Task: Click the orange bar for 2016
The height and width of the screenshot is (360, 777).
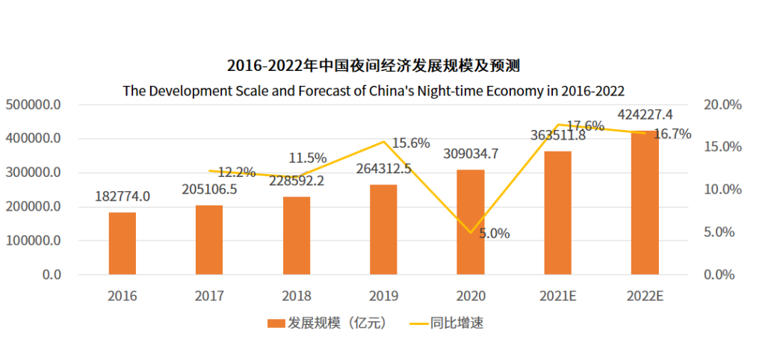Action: (x=123, y=243)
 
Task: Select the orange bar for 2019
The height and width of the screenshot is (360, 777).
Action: (x=383, y=229)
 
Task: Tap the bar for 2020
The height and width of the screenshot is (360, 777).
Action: (x=471, y=222)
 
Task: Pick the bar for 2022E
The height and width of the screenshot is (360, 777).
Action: (x=645, y=203)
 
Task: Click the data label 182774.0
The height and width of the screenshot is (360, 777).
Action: (x=123, y=196)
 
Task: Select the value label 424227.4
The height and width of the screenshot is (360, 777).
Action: (x=646, y=115)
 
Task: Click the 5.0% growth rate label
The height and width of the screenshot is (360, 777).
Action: (x=494, y=234)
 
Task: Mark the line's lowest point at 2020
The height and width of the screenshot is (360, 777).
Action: (x=471, y=232)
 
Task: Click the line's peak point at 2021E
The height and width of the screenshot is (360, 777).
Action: (x=557, y=125)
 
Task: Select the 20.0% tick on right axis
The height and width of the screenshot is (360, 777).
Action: (x=722, y=105)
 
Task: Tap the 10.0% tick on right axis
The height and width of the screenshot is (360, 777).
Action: (x=722, y=190)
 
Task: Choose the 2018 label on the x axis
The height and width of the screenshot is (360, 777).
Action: (x=297, y=296)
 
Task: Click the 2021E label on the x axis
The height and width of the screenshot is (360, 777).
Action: (x=557, y=296)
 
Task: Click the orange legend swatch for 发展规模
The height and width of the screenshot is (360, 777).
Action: (x=276, y=323)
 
